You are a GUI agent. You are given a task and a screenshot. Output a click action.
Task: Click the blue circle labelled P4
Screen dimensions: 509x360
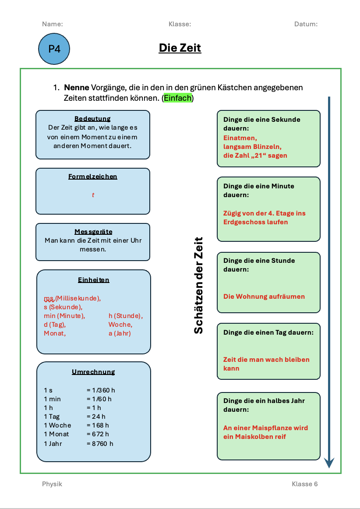tap(54, 49)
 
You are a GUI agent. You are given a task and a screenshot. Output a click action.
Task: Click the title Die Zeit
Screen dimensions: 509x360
tap(180, 48)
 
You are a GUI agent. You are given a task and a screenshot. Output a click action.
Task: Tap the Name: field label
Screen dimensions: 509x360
tap(53, 24)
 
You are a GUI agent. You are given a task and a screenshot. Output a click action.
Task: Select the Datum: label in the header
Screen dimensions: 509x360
tap(306, 24)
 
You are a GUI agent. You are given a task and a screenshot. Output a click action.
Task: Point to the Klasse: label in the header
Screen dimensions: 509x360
tap(180, 24)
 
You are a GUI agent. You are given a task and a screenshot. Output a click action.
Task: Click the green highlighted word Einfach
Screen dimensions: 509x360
tap(177, 98)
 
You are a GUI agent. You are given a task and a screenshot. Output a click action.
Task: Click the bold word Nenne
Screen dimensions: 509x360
tap(77, 88)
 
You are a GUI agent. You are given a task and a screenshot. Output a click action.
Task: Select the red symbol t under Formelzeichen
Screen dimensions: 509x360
tap(93, 195)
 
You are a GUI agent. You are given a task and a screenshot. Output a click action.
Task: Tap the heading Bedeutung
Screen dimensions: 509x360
tap(92, 119)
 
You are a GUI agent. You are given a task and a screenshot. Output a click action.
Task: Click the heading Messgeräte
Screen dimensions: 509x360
tap(93, 232)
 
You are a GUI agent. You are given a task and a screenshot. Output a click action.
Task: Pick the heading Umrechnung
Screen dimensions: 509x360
tap(93, 372)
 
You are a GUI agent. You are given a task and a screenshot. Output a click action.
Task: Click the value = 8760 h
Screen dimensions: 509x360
tap(100, 444)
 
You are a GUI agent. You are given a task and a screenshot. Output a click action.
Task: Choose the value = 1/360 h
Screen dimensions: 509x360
tap(101, 390)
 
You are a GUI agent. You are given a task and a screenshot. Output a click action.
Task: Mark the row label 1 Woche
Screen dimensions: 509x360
tap(57, 425)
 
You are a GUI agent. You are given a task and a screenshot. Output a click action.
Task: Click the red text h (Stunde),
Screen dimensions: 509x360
tap(126, 316)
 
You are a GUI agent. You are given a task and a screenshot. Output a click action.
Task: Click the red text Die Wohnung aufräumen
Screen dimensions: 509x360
tap(264, 297)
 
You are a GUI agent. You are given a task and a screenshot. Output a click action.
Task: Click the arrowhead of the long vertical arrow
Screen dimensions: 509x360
tap(329, 463)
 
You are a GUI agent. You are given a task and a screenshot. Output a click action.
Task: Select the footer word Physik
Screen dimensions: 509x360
tap(52, 484)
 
